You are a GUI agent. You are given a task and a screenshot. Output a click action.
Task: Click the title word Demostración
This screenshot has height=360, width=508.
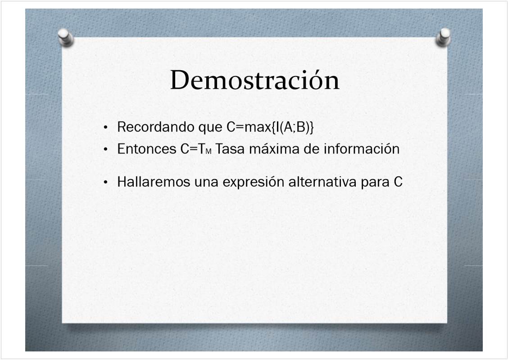click(x=254, y=80)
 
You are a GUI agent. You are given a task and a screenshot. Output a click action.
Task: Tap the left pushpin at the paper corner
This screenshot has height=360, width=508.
click(x=65, y=37)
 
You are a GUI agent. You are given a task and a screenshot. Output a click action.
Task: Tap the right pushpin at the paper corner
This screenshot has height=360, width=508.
click(x=444, y=37)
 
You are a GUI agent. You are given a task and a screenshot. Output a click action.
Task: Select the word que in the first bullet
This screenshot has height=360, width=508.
click(x=210, y=128)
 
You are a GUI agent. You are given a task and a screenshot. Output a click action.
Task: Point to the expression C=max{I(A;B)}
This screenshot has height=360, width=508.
click(x=270, y=127)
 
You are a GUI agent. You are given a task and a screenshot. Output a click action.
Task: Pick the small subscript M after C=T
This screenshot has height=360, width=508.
click(x=209, y=152)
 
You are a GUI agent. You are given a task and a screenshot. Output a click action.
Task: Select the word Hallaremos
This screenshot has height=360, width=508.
click(x=154, y=182)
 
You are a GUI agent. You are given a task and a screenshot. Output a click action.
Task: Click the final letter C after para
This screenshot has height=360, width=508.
click(x=398, y=182)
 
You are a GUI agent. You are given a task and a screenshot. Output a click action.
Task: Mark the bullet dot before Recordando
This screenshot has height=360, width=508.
click(x=106, y=127)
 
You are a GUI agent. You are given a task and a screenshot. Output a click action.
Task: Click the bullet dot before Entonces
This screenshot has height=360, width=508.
click(x=106, y=149)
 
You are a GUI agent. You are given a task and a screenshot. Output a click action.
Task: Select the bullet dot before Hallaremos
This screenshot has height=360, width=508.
click(x=106, y=182)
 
